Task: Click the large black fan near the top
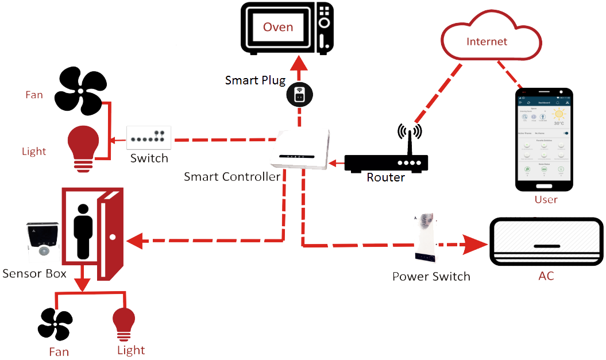tap(80, 91)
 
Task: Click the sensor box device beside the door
tap(43, 243)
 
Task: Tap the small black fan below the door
tap(56, 324)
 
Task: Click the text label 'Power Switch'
tap(431, 277)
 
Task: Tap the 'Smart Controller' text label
tap(232, 176)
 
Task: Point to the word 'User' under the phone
tap(546, 200)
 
